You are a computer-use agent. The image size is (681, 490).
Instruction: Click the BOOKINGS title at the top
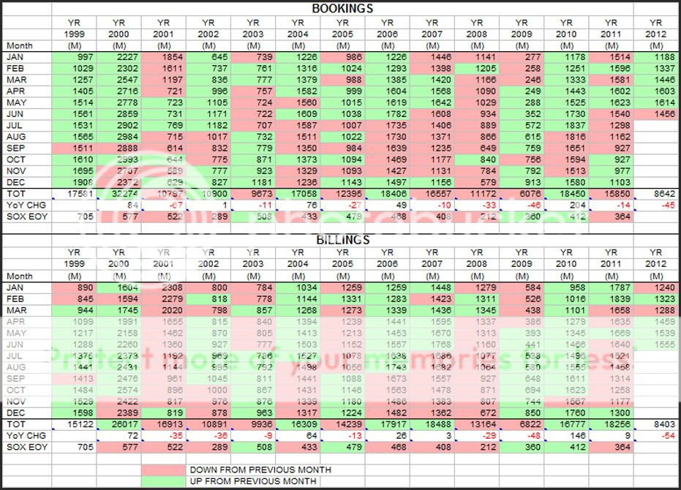click(342, 9)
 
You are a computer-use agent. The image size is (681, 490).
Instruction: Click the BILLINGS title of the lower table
click(342, 239)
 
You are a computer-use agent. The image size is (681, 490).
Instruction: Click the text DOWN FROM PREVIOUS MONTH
click(260, 470)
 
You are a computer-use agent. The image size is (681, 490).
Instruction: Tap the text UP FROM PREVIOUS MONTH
click(252, 481)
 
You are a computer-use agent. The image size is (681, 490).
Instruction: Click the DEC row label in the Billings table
click(15, 412)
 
